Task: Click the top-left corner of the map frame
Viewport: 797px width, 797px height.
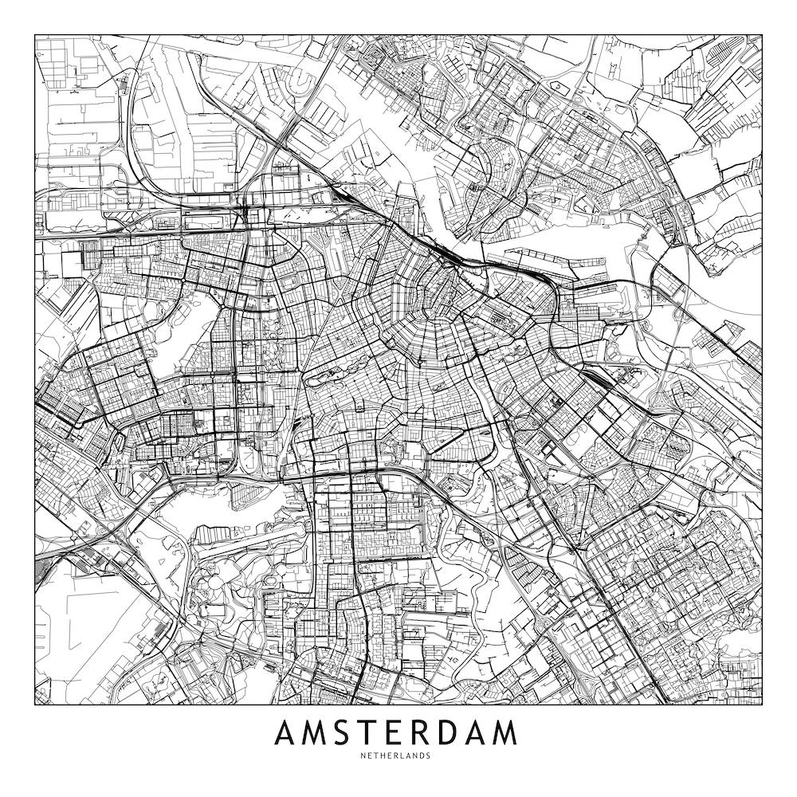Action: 35,35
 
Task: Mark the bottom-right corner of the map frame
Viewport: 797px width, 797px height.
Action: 762,705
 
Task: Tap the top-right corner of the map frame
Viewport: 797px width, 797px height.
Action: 762,35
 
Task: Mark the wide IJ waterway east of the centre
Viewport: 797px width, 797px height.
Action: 606,231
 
